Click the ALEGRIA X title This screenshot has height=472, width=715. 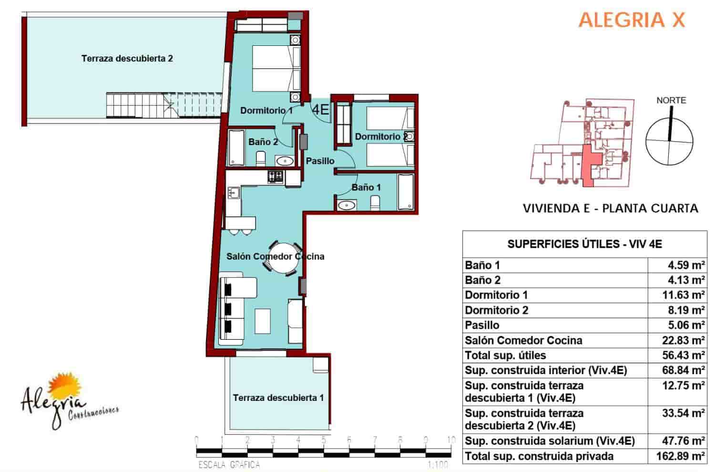click(x=632, y=20)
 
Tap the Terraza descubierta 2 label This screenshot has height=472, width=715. click(x=127, y=59)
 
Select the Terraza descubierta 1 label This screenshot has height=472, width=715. click(x=278, y=398)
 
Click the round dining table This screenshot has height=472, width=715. click(x=284, y=258)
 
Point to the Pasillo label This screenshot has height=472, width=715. click(x=320, y=161)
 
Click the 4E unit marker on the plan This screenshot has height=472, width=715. click(x=320, y=110)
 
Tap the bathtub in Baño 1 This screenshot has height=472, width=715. click(x=406, y=192)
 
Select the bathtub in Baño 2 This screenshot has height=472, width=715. click(x=236, y=147)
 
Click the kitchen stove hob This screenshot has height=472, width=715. click(x=275, y=177)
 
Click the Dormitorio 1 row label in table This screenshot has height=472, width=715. click(x=496, y=295)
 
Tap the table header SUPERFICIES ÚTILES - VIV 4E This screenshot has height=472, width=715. click(x=584, y=244)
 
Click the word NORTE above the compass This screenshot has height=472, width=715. click(x=671, y=100)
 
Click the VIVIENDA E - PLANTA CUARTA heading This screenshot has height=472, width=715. click(x=610, y=209)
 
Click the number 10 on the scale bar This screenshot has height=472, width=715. click(x=450, y=440)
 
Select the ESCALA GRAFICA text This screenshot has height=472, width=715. click(x=229, y=464)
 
